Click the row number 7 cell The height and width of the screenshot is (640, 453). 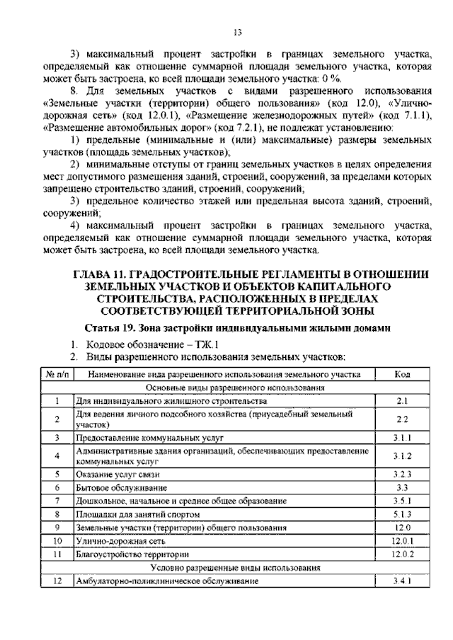click(x=56, y=500)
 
